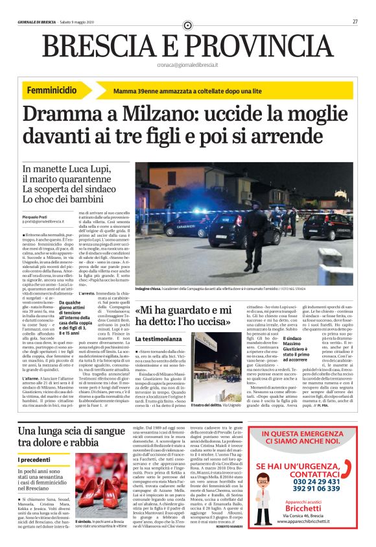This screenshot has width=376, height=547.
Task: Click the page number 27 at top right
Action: pos(355,22)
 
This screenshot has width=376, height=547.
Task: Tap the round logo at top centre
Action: pos(187,25)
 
